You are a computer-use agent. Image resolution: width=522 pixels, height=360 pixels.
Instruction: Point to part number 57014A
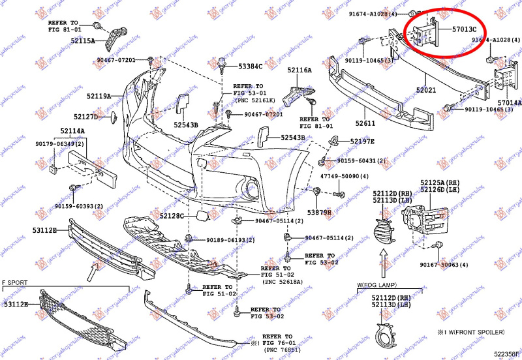point(509,103)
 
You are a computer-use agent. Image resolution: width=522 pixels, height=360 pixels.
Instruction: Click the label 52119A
point(100,96)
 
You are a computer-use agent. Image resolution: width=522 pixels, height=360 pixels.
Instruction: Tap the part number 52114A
point(73,131)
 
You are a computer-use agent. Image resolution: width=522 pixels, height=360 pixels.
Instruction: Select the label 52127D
point(85,117)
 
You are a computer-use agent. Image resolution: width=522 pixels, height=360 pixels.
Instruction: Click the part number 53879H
point(320,213)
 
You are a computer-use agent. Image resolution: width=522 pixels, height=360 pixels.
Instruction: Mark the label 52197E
point(362,141)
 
